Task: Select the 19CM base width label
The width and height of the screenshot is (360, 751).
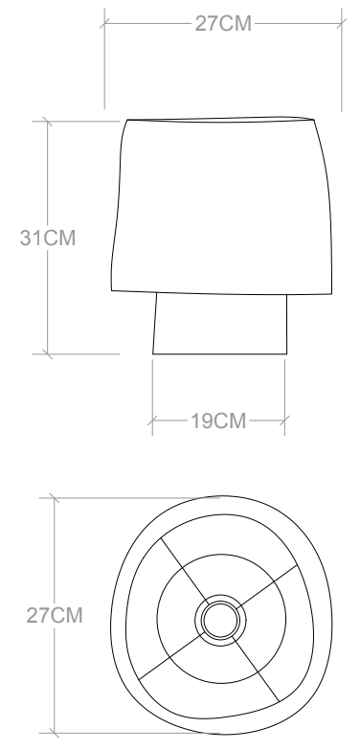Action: click(x=217, y=421)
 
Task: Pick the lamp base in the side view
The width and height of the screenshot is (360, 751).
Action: click(x=220, y=325)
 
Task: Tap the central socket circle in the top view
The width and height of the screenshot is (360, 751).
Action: click(x=220, y=618)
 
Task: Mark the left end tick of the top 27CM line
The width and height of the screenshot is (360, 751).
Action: click(x=105, y=24)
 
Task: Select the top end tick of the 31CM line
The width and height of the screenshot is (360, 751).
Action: click(x=45, y=122)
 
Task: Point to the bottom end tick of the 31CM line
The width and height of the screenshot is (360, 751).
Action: click(x=45, y=354)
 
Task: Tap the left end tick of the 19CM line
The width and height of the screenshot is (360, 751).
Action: click(x=153, y=421)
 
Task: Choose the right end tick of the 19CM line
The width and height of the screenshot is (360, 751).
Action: click(x=284, y=421)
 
